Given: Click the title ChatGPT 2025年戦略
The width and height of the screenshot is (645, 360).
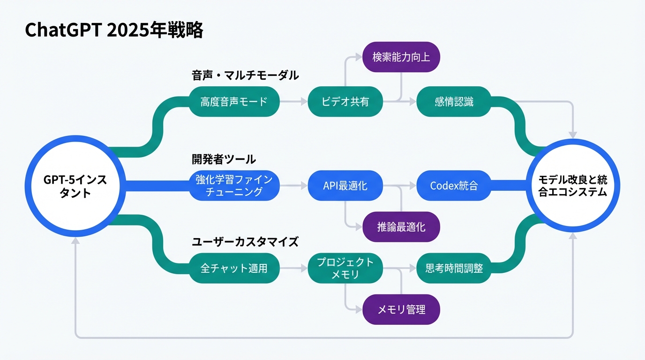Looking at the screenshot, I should [114, 30].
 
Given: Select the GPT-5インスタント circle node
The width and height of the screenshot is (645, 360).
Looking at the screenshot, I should [75, 186].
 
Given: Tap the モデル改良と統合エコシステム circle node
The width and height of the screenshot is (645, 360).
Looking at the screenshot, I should [572, 186].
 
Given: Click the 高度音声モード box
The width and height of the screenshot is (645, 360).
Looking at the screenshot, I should [233, 102].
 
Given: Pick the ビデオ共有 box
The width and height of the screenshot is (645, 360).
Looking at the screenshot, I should [345, 102].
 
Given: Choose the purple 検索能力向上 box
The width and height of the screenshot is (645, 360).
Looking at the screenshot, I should [401, 57].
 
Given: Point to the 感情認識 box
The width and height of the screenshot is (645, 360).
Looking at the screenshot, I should [454, 102].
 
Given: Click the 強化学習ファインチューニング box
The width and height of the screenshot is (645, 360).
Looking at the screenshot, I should [233, 186].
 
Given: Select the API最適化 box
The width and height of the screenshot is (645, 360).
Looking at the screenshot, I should [345, 186].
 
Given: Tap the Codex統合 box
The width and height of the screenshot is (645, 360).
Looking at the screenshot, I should [454, 186].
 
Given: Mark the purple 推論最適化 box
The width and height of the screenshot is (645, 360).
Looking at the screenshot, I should [401, 227].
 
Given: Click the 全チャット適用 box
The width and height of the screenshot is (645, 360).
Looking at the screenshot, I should [233, 268].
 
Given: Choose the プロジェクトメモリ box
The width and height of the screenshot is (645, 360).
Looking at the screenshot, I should [345, 268].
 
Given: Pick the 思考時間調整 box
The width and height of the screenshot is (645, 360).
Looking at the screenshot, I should [454, 268].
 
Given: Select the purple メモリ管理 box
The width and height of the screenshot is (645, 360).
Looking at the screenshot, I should [401, 309].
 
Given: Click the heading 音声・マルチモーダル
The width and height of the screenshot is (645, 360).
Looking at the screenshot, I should [245, 75].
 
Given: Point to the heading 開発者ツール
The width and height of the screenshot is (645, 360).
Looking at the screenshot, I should [224, 159].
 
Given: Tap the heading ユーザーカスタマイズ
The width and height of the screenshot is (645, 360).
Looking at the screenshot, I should [245, 242].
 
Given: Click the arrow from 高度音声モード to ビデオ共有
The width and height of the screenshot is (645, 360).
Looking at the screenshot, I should [293, 102].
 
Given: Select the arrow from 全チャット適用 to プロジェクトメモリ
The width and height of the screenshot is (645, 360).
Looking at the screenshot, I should [293, 268].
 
